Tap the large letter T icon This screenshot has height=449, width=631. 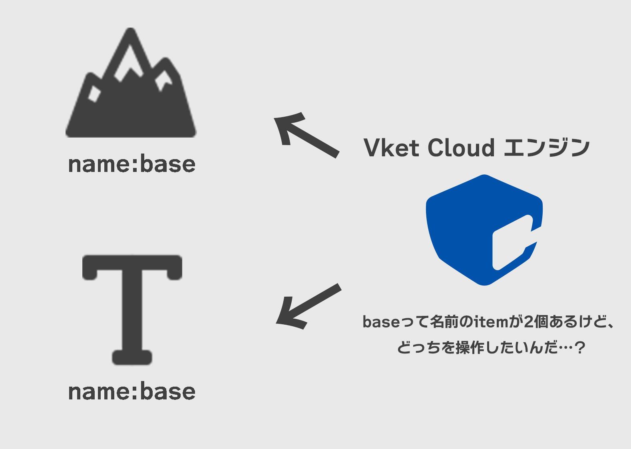[132, 308]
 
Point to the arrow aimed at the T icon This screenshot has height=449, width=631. [308, 306]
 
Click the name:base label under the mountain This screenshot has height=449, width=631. [132, 164]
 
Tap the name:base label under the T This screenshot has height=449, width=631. [132, 391]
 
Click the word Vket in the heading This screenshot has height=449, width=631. [392, 148]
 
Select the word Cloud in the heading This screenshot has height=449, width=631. [461, 148]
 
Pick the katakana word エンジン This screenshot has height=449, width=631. [546, 148]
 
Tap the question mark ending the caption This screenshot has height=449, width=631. [579, 347]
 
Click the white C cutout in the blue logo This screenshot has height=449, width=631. [512, 244]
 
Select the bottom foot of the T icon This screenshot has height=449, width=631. [132, 357]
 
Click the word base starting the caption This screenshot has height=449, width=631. [381, 322]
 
